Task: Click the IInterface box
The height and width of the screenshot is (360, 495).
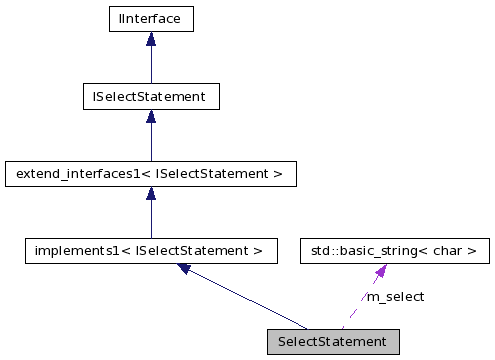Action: point(150,19)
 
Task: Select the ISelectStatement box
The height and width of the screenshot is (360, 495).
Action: point(150,97)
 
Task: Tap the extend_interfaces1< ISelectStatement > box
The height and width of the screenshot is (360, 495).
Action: point(150,174)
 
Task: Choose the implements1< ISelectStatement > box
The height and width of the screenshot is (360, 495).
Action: point(150,250)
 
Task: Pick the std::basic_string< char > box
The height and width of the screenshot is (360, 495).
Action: point(395,250)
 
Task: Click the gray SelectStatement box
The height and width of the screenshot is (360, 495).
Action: point(332,341)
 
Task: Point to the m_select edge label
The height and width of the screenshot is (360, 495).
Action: point(395,297)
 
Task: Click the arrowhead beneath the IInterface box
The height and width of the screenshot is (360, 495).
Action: point(150,40)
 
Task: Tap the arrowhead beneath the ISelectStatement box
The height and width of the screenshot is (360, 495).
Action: point(150,117)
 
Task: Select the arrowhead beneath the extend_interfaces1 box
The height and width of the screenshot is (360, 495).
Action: point(150,194)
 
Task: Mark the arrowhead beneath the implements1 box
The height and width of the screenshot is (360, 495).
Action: point(185,268)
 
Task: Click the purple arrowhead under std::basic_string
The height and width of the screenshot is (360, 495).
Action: point(381,271)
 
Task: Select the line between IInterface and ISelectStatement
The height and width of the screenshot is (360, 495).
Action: point(150,65)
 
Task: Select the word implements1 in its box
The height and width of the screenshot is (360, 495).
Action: point(70,250)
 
